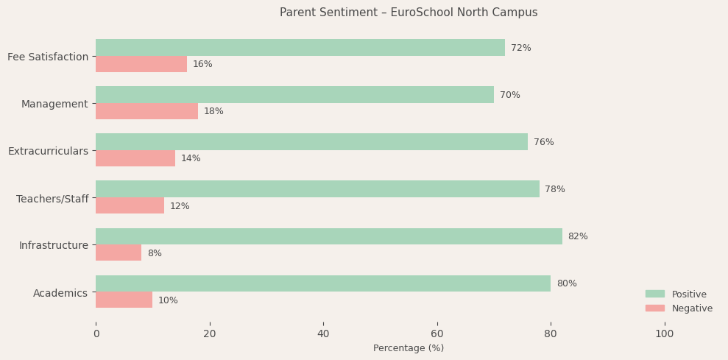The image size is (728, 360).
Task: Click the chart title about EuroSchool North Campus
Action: pos(409,13)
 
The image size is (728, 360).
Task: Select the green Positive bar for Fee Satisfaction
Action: pos(300,48)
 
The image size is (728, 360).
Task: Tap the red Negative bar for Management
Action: pos(146,111)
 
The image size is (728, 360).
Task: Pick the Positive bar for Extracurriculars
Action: pos(311,142)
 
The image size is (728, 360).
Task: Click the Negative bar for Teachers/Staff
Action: pos(130,205)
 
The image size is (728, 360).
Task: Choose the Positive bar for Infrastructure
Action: pos(328,236)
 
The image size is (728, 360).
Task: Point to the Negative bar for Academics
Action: pos(124,300)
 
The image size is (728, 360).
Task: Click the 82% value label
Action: pos(578,236)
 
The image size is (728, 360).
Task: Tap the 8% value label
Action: pos(155,253)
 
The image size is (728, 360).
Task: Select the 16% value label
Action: pos(202,64)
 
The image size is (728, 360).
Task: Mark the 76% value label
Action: pos(543,142)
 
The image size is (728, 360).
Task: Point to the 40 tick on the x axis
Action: pos(323,333)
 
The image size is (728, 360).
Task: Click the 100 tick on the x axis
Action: pos(664,333)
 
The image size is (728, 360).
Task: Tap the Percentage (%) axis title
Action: pos(409,348)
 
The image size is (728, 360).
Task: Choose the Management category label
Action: pos(54,104)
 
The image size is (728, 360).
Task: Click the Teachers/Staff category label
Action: pos(52,199)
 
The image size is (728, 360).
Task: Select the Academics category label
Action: pos(60,293)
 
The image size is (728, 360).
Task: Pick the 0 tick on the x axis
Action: pos(96,333)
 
